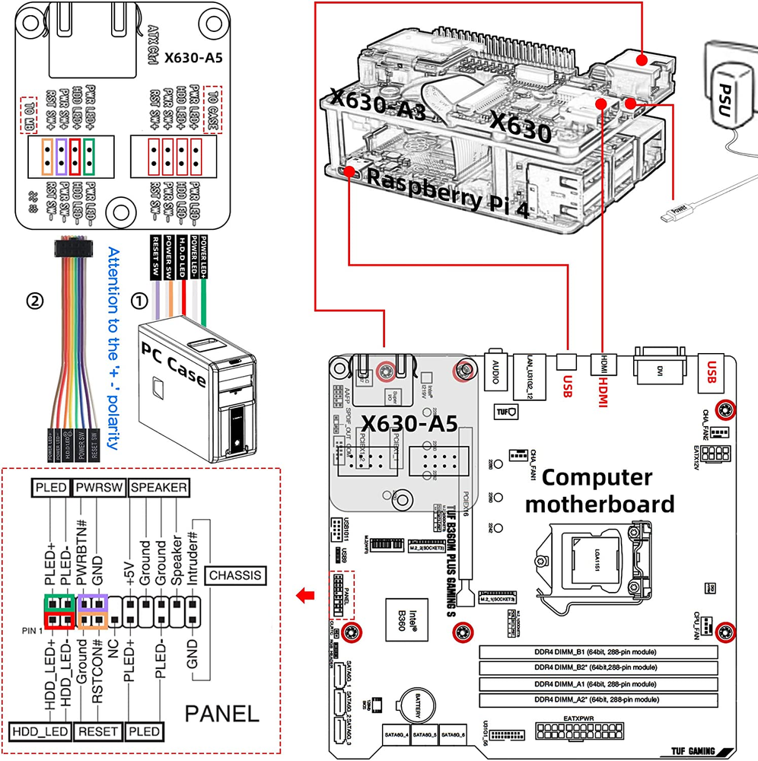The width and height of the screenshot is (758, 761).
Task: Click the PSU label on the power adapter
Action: [x=733, y=97]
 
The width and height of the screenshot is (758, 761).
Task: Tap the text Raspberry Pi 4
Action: [x=447, y=191]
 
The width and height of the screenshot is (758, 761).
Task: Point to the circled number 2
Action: [x=33, y=300]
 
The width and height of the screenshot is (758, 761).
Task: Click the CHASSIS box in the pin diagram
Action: [x=236, y=575]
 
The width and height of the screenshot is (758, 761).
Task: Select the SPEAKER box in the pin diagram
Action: [x=159, y=488]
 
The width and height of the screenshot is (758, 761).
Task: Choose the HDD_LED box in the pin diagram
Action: [x=40, y=731]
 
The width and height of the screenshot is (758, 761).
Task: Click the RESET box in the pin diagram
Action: [x=100, y=731]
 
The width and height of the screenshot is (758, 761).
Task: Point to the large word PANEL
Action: [x=222, y=713]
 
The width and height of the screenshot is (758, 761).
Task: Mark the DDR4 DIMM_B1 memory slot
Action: [x=599, y=652]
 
